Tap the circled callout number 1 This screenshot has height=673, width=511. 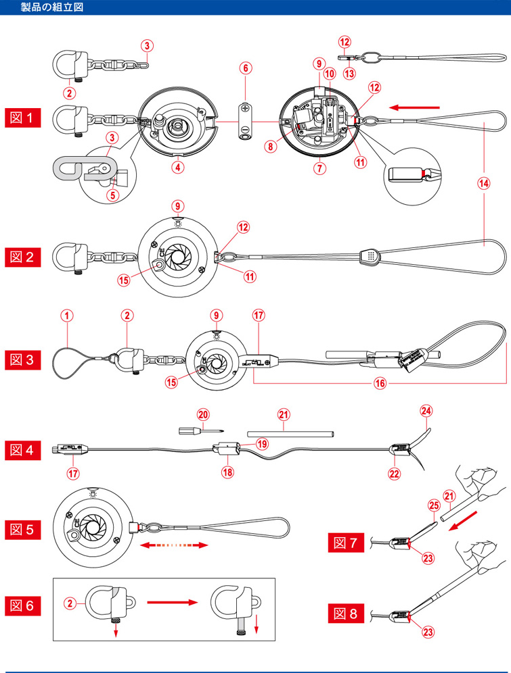pyautogui.click(x=66, y=315)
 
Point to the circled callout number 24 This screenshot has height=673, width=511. pyautogui.click(x=425, y=409)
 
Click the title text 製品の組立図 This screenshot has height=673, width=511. pyautogui.click(x=53, y=7)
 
